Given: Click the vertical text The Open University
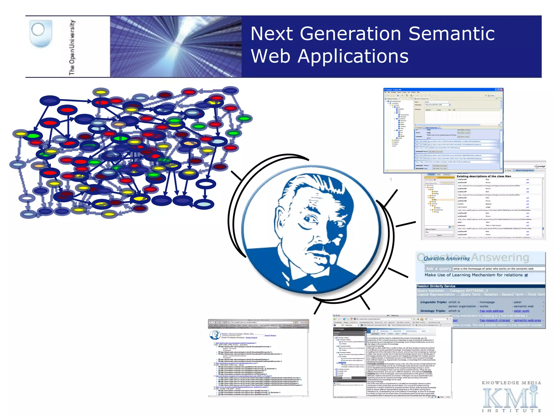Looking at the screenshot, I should click(x=72, y=47).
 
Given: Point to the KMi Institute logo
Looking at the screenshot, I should click(x=511, y=397).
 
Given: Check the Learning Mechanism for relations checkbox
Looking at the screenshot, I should click(x=526, y=275).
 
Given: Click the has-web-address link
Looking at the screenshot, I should click(x=492, y=311).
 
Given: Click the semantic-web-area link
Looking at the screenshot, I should click(x=527, y=320).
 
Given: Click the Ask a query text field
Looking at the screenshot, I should click(x=498, y=269).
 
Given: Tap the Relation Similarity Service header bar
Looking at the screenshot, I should click(x=480, y=286).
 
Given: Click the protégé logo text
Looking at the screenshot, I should click(x=541, y=166).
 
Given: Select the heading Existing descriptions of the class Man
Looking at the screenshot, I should click(x=484, y=176).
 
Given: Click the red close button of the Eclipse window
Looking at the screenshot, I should click(x=501, y=90).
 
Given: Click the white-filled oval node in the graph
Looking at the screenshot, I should click(x=206, y=184).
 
